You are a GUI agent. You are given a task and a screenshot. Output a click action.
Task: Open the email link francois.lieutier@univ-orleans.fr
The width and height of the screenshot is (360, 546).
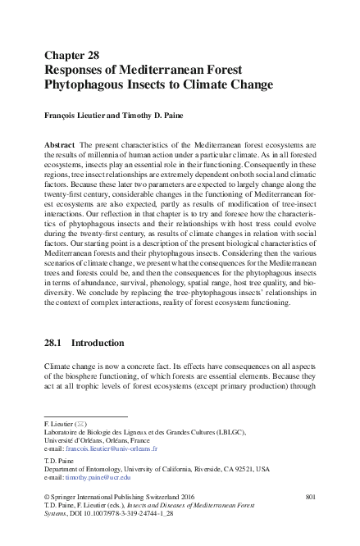click(112, 449)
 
